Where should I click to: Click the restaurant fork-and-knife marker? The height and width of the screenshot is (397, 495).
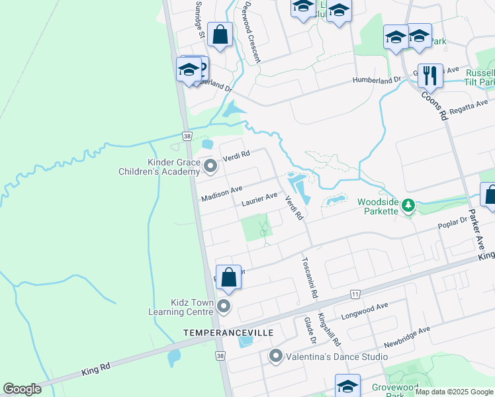coord(430,76)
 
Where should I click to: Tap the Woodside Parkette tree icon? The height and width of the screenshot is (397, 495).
coord(409,206)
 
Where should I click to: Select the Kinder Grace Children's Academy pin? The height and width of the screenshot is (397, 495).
coord(210,165)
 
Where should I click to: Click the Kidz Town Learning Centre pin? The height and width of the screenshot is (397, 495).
coord(224,306)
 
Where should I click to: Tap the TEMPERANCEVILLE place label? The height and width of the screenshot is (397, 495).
coord(228,332)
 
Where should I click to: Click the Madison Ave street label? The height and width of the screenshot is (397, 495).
coord(222,192)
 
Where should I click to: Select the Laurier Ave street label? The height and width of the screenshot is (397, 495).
coord(259,197)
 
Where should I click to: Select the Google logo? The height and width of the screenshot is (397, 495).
coord(22,389)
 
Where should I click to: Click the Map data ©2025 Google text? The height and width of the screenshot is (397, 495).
coord(453,392)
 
